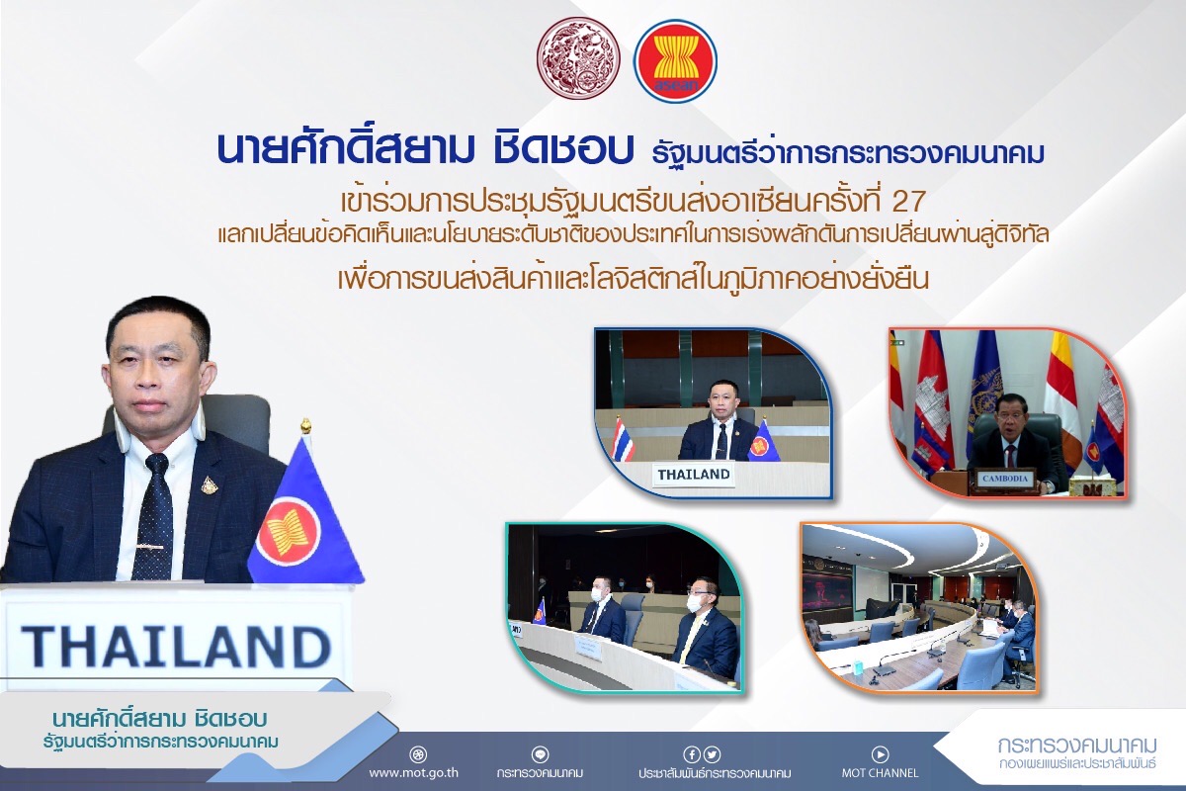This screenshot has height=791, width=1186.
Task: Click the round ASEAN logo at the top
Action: click(x=676, y=61)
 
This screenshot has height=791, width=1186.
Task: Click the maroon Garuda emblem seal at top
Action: click(x=578, y=57)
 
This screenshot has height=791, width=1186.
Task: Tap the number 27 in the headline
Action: click(x=909, y=201)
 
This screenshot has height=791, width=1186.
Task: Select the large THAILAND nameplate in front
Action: click(x=175, y=646)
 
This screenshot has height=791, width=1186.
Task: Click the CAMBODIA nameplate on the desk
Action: click(x=1004, y=479)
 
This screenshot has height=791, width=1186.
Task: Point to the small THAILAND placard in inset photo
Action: click(x=694, y=475)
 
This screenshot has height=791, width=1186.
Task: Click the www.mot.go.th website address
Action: click(x=413, y=772)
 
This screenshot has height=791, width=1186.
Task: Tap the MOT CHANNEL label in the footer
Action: click(x=880, y=772)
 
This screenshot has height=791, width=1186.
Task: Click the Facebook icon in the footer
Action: click(x=691, y=753)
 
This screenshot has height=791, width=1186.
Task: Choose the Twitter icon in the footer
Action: click(x=713, y=753)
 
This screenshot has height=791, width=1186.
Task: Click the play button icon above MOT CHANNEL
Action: click(x=880, y=753)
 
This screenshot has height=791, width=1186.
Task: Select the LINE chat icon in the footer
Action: click(x=540, y=753)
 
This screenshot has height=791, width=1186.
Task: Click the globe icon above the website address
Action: click(x=418, y=753)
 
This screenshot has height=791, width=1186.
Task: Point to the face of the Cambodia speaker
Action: click(x=1011, y=423)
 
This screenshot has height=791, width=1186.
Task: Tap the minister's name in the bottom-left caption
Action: click(x=160, y=719)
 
